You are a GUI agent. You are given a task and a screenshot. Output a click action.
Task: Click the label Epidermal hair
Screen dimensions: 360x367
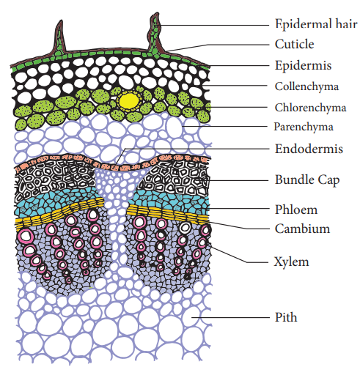pos(316,24)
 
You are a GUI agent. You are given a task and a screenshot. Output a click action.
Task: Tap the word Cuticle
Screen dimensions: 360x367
pos(295,44)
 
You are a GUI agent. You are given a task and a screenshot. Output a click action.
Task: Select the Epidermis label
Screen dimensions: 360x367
pos(303,65)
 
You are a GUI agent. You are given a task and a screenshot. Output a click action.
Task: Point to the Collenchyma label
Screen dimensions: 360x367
pos(306,86)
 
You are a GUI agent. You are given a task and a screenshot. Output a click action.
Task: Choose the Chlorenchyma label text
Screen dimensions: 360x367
pos(310,108)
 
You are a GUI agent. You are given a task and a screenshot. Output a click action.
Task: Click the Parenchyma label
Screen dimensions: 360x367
pos(304,127)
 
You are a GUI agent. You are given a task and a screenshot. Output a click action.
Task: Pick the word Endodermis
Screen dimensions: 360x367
pos(309,149)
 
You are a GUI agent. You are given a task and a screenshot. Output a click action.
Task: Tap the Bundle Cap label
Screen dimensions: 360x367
pos(307,180)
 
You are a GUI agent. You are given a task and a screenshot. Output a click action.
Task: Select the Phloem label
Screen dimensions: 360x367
pos(296,210)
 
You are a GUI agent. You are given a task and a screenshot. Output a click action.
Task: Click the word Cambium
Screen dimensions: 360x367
pos(302,229)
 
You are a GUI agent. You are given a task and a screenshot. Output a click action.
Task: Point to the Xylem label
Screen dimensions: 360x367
pos(291,262)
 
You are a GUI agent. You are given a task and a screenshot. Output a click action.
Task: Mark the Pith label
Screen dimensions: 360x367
pos(286,317)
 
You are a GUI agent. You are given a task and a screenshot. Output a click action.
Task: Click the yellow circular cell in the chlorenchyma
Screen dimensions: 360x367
pos(129,100)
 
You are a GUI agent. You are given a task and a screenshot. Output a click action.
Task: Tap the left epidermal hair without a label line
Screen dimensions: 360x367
pos(59,39)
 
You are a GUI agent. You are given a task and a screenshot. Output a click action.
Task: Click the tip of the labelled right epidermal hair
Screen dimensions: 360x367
pos(156,13)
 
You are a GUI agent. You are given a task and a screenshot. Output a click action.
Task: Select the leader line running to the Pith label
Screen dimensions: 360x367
pos(229,317)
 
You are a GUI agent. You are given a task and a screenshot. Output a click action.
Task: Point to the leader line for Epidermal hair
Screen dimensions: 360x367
pos(212,25)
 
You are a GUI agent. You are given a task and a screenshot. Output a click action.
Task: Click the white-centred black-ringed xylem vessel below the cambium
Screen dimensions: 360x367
pos(185,227)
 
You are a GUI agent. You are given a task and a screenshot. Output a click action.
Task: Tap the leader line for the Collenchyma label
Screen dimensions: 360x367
pos(235,86)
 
